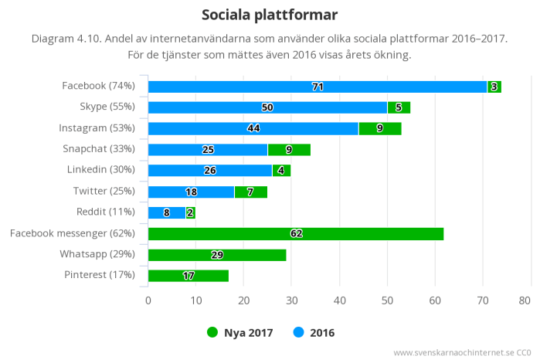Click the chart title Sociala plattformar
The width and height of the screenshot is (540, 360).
click(270, 15)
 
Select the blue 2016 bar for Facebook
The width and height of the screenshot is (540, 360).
click(317, 87)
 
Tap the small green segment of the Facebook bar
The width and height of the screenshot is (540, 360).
click(494, 87)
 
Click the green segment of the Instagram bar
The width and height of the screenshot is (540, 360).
click(379, 128)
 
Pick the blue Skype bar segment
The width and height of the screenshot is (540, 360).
click(267, 107)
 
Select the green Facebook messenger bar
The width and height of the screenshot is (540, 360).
click(295, 233)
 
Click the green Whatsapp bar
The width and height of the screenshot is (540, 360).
click(216, 254)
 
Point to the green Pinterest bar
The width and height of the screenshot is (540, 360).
click(188, 275)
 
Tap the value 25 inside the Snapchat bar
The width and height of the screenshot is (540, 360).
click(208, 149)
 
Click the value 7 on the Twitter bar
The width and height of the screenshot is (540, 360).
click(250, 192)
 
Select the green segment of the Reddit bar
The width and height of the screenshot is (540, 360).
click(190, 212)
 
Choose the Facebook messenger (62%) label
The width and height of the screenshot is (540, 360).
click(73, 233)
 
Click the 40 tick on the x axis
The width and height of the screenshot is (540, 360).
click(339, 301)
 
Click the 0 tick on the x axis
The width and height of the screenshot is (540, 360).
click(148, 301)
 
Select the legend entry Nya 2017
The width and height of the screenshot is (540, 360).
click(242, 333)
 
